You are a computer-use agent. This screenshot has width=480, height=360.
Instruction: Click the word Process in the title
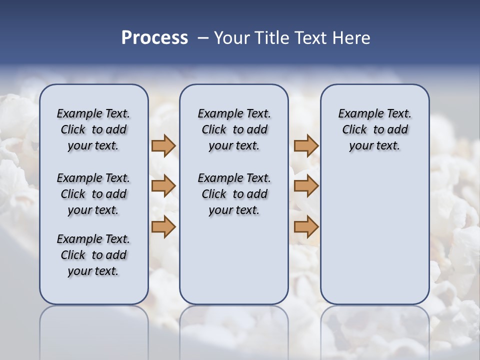(x=154, y=38)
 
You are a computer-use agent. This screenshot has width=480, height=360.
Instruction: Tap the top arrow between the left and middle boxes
(x=163, y=145)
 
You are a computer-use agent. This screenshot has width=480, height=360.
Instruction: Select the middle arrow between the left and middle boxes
(x=163, y=186)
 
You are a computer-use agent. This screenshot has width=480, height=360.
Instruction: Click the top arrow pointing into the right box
(x=306, y=145)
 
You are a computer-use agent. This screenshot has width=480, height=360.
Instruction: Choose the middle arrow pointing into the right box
(x=306, y=186)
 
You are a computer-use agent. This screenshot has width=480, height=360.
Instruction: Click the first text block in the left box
(x=93, y=129)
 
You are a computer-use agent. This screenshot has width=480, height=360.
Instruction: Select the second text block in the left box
(x=93, y=194)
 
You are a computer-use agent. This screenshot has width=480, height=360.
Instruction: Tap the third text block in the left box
(x=93, y=255)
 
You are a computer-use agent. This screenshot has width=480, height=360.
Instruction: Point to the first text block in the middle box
(x=234, y=129)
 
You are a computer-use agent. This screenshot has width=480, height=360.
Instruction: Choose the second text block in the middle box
(x=234, y=194)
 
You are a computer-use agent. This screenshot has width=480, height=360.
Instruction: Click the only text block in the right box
(x=374, y=129)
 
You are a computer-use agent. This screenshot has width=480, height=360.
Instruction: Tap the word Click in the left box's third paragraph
(x=73, y=255)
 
